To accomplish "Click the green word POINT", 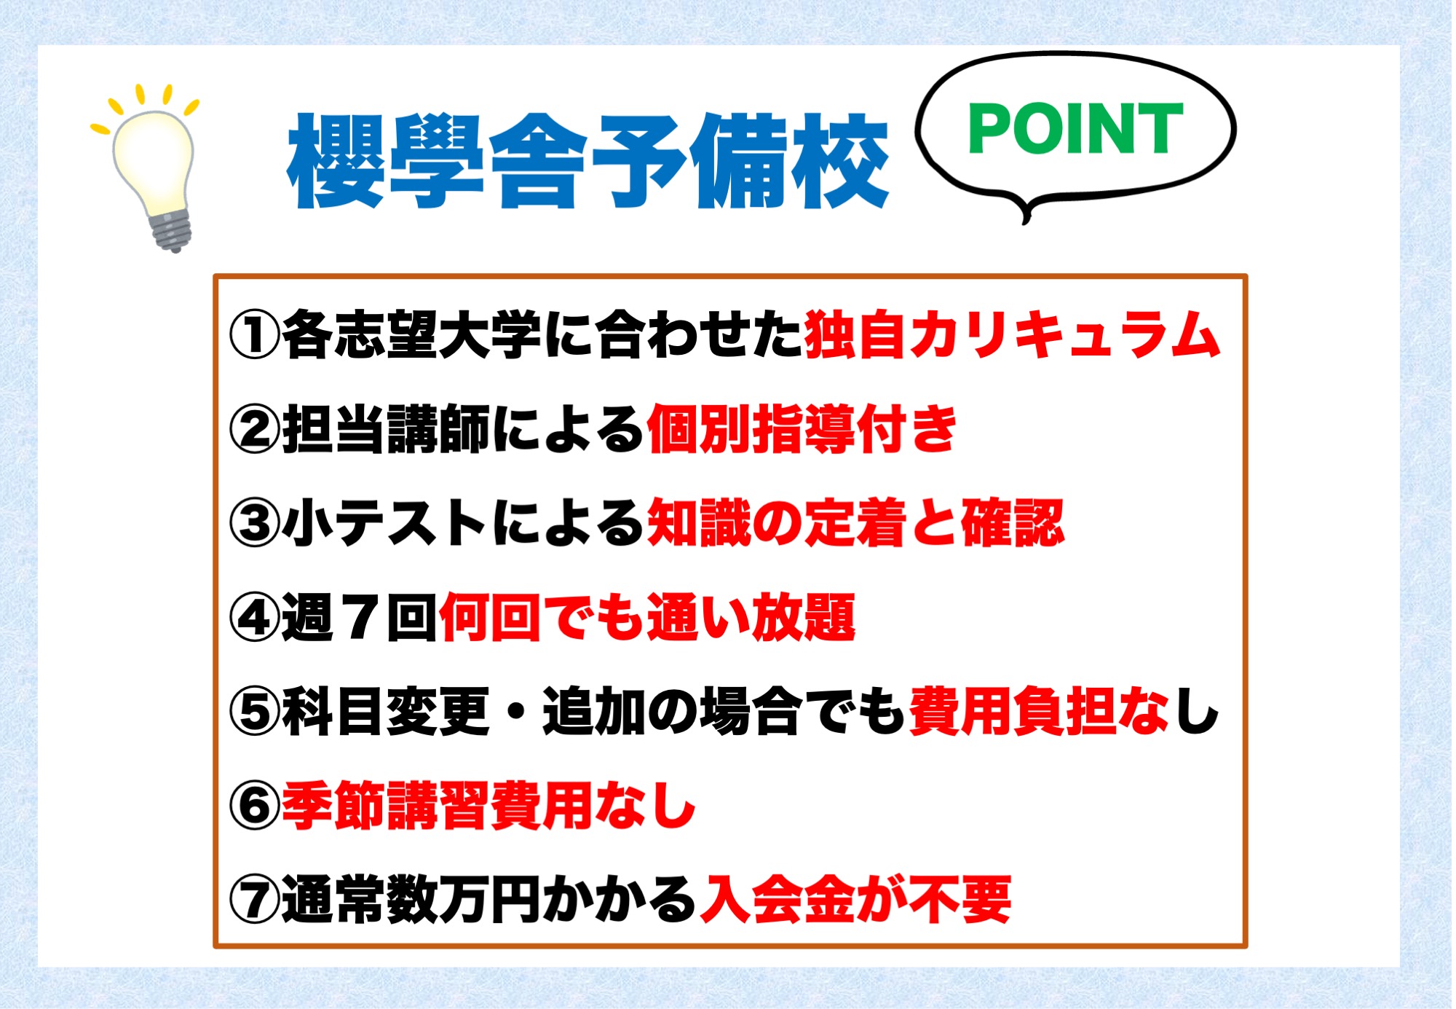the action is (x=1075, y=128).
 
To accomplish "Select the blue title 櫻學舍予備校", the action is (x=588, y=161).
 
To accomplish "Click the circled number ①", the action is (x=255, y=335).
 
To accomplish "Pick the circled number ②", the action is (x=255, y=429).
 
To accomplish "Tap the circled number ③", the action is (x=255, y=523).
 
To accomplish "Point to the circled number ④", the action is (x=255, y=618).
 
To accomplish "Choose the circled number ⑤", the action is (x=255, y=712).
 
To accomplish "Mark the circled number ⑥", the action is (x=255, y=806).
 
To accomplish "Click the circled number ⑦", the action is (x=255, y=900).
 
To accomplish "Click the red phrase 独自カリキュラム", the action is (x=1013, y=334).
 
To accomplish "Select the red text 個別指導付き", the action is (x=802, y=429).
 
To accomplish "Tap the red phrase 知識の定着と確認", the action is (x=855, y=523).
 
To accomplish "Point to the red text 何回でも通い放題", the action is (x=647, y=618).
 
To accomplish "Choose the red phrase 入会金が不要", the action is (x=855, y=900).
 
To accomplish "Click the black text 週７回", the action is (x=360, y=618).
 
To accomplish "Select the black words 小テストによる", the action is (x=464, y=523).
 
